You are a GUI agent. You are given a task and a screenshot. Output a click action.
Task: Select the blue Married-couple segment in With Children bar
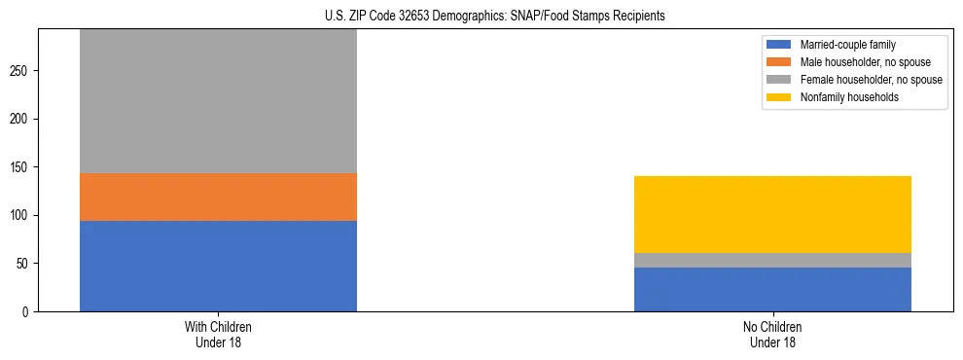[x=218, y=266]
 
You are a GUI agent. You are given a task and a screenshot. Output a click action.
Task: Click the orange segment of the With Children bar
[x=218, y=197]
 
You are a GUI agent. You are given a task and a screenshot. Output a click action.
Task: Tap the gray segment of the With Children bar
[x=218, y=101]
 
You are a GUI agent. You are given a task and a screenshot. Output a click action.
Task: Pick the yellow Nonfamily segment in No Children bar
[x=772, y=214]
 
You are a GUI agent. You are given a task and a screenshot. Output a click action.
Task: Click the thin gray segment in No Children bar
[x=772, y=260]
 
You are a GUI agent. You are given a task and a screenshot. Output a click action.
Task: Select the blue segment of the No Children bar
[x=772, y=289]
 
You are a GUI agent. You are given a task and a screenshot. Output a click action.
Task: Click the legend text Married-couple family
[x=847, y=45]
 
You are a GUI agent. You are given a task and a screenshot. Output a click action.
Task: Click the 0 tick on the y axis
[x=26, y=311]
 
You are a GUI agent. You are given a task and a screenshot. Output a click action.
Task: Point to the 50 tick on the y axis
[x=23, y=264]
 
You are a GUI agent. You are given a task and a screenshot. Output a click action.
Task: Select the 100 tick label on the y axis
[x=20, y=215]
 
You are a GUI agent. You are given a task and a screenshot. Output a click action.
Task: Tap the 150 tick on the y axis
[x=20, y=167]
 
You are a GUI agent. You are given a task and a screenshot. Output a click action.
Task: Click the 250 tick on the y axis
[x=20, y=71]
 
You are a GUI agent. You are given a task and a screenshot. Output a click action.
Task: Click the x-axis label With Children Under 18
[x=218, y=334]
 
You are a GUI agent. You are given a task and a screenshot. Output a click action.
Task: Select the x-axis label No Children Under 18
[x=772, y=334]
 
